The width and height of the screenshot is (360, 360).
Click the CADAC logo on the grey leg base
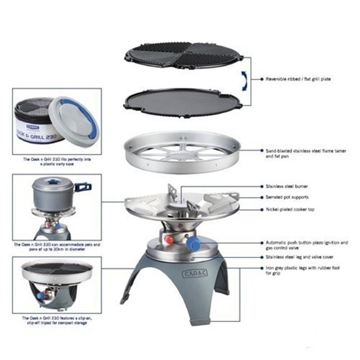point(195,273)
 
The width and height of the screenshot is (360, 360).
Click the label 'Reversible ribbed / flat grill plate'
point(298,79)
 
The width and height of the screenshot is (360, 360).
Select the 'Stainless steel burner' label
point(286,186)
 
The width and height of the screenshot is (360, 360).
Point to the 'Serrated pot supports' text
point(287,197)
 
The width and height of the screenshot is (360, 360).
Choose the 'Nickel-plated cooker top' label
point(290,209)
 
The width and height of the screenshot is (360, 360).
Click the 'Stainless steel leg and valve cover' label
point(299,257)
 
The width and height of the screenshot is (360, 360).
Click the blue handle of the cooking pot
point(82,187)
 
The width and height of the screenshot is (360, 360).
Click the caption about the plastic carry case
point(57,162)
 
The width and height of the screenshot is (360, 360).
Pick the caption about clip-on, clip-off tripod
point(57,320)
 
